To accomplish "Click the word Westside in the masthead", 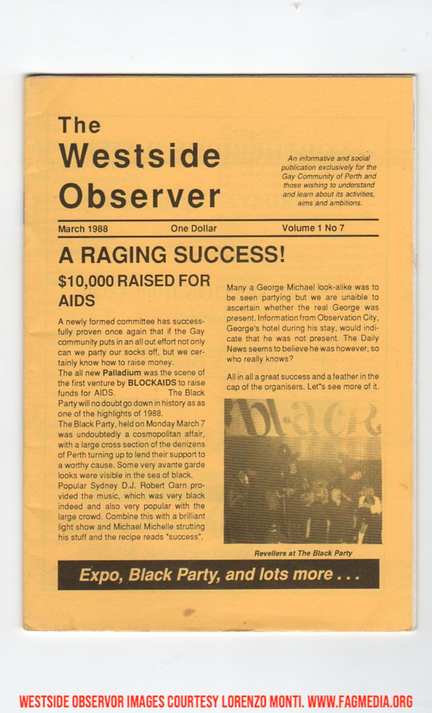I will tap(139, 155).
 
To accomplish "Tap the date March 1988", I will tap(83, 228).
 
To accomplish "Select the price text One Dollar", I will tap(193, 228).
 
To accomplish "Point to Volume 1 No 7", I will tap(313, 227).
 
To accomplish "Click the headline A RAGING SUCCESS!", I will tap(172, 255).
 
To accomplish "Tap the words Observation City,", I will tap(348, 317).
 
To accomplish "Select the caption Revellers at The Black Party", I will tap(303, 553).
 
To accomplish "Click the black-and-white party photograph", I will tap(302, 471).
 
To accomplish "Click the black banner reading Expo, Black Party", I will tap(218, 574).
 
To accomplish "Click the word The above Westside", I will tap(79, 126).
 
